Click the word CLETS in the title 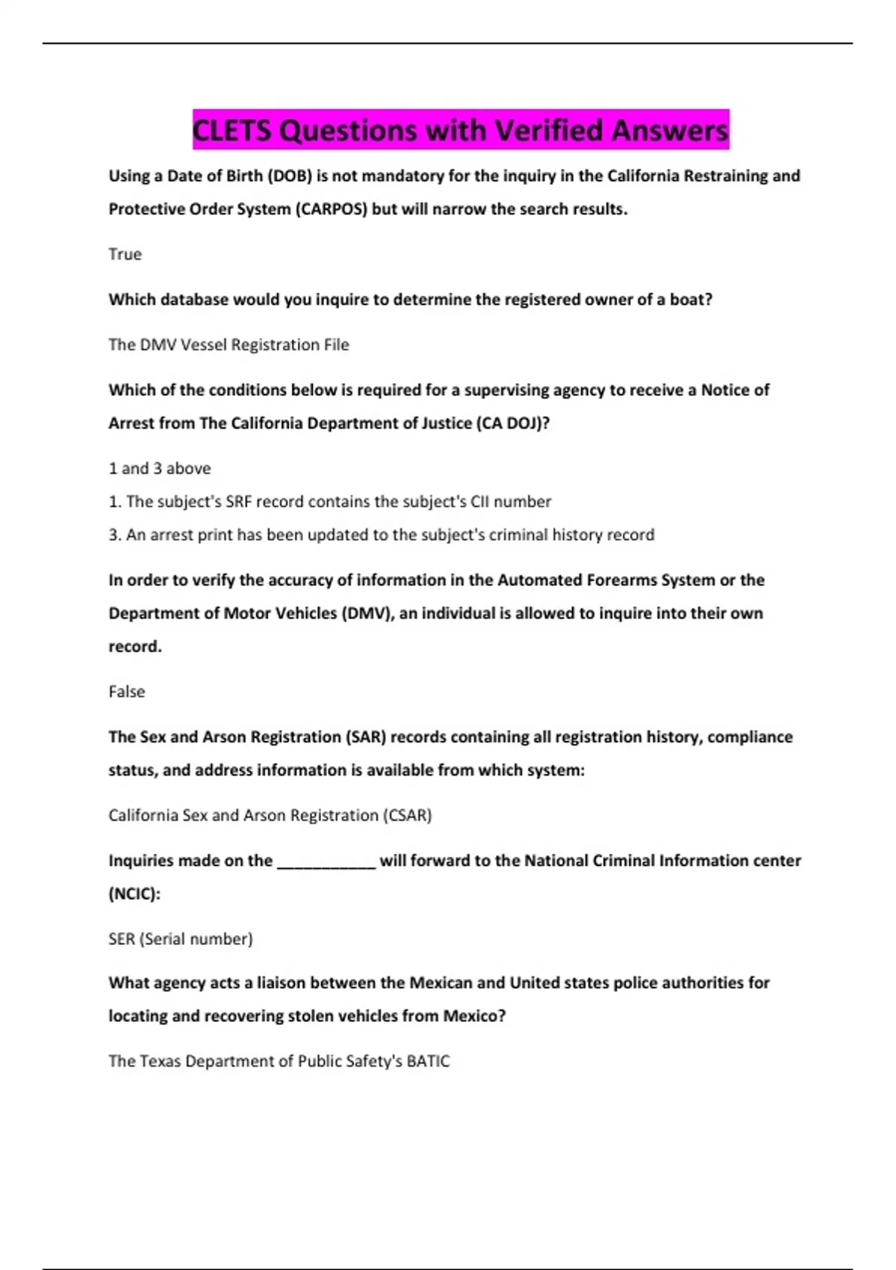[x=231, y=131]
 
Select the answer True [x=125, y=254]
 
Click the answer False [x=126, y=692]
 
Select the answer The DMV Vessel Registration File [x=228, y=344]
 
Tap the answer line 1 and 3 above [x=159, y=468]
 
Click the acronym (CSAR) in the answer [x=407, y=815]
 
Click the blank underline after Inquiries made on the [x=326, y=861]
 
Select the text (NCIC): [x=134, y=893]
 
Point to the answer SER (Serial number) [x=180, y=939]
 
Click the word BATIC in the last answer [x=428, y=1062]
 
